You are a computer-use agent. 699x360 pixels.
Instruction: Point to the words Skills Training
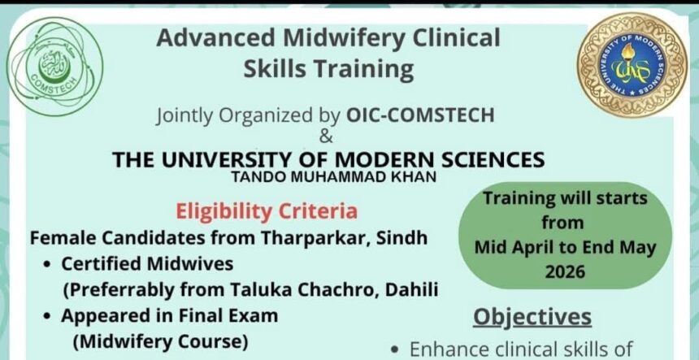328,69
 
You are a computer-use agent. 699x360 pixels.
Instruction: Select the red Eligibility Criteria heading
267,212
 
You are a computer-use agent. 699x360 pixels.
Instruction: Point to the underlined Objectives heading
532,317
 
